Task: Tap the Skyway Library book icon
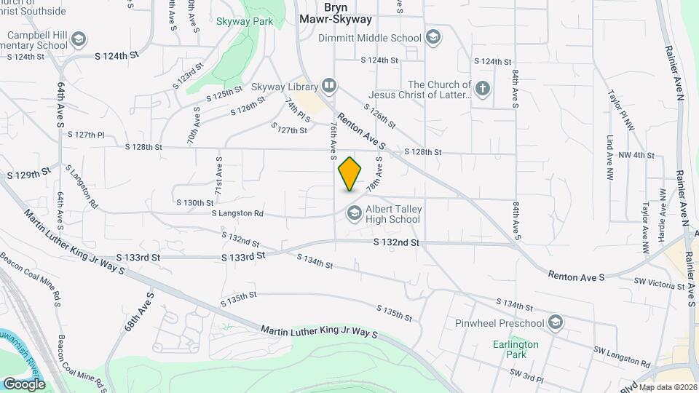pos(329,87)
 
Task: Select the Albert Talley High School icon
pos(355,213)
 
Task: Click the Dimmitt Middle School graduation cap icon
pos(433,38)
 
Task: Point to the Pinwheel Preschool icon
pos(556,322)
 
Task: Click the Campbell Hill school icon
pos(78,39)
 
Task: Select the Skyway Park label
pos(245,21)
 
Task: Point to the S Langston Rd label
pos(237,213)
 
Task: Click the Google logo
pos(24,384)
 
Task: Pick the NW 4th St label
pos(636,155)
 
